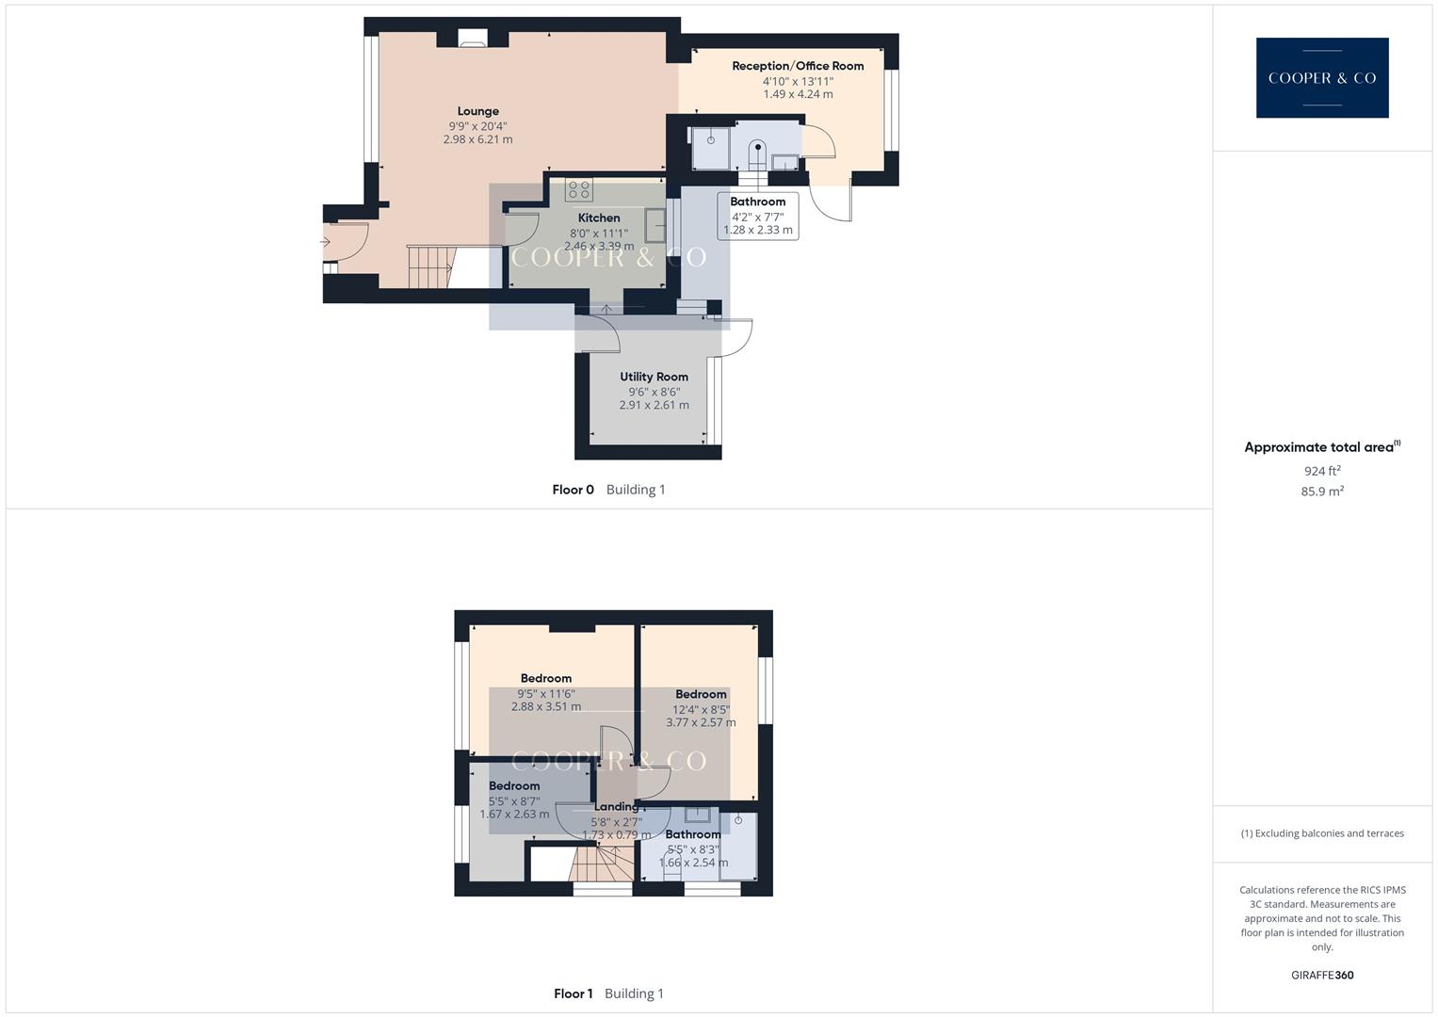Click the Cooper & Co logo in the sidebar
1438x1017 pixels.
tap(1321, 77)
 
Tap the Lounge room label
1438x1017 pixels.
tap(478, 111)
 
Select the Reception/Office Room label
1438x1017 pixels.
tap(798, 66)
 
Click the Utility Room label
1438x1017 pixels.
tap(654, 377)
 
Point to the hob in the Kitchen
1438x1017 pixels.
tap(578, 189)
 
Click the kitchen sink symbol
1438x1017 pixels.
tap(654, 226)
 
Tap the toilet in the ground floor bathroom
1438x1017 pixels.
tap(758, 153)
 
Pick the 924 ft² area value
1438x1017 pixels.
tap(1321, 471)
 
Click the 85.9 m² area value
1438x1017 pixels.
tap(1321, 492)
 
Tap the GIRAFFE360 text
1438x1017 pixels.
tap(1321, 976)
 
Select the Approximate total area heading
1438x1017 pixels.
tap(1321, 447)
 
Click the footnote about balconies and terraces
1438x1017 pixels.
tap(1321, 833)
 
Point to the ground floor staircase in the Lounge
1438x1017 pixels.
tap(429, 266)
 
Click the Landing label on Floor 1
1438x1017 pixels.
tap(616, 807)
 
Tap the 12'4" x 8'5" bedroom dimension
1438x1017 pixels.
tap(701, 710)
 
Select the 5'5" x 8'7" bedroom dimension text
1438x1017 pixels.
tap(514, 801)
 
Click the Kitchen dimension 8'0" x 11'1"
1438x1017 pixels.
tap(599, 234)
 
